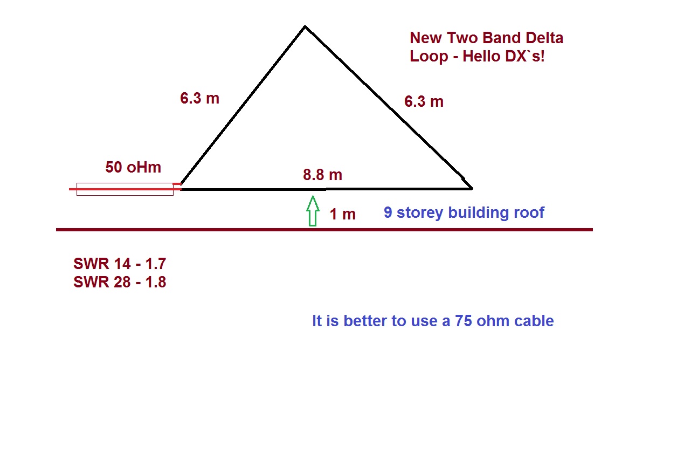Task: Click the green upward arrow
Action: [312, 211]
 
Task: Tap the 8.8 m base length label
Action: [322, 175]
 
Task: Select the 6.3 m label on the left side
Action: [199, 98]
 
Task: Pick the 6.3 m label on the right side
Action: [424, 101]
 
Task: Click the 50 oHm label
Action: [133, 167]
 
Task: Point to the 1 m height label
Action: [342, 214]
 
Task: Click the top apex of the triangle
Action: [305, 26]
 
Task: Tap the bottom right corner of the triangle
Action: [472, 188]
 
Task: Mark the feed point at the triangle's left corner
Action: [181, 185]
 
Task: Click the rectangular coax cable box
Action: [125, 189]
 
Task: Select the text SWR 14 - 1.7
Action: [120, 264]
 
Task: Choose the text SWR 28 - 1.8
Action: [120, 281]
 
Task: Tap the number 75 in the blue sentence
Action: [464, 321]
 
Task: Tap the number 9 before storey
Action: [388, 212]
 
